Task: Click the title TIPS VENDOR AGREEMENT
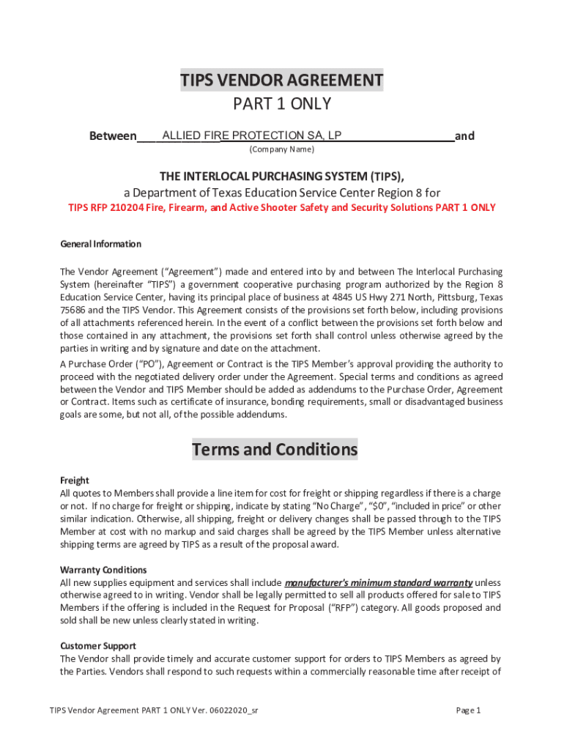click(x=282, y=80)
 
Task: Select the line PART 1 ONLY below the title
click(x=282, y=104)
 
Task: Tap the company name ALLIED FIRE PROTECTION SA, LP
click(x=251, y=135)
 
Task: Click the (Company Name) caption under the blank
click(x=282, y=149)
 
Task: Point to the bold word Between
click(x=113, y=136)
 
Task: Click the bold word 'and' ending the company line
click(x=464, y=135)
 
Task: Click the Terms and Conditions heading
click(x=275, y=449)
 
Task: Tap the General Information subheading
click(x=100, y=244)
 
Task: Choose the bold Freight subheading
click(x=74, y=480)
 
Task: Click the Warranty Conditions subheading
click(x=103, y=569)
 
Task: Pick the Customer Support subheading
click(x=97, y=645)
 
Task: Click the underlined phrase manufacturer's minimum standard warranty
click(x=378, y=582)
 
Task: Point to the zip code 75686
click(x=73, y=310)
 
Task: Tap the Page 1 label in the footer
click(x=468, y=710)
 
